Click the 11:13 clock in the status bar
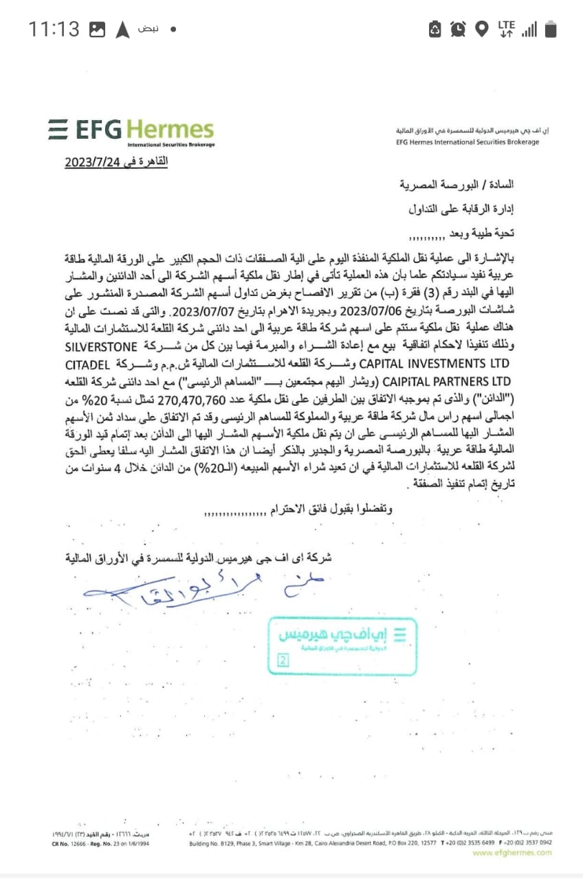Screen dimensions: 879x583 point(54,29)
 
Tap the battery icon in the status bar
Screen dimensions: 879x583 point(550,29)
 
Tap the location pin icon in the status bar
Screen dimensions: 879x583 point(481,29)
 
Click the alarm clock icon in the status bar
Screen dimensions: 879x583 point(458,29)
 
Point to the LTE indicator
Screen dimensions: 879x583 point(506,28)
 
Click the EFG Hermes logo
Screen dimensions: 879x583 point(131,131)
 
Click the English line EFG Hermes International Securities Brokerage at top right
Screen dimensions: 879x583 point(468,142)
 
